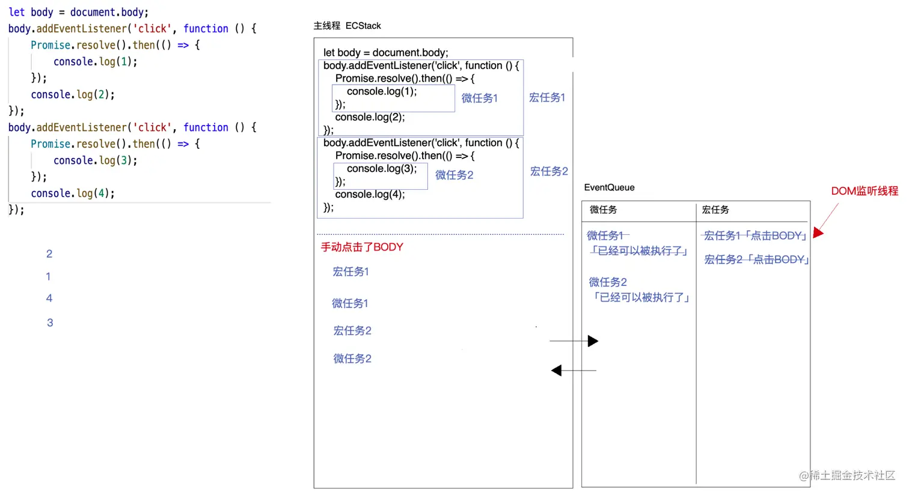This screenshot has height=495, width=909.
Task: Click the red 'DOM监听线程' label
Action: tap(864, 191)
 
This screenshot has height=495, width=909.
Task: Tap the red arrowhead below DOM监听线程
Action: tap(818, 232)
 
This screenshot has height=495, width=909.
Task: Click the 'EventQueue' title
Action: tap(609, 187)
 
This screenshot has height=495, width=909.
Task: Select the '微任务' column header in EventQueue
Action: tap(603, 210)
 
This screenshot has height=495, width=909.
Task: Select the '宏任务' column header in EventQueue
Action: tap(715, 210)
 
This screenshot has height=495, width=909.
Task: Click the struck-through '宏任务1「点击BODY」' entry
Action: tap(754, 235)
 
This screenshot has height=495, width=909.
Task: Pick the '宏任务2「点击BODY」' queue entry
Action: tap(756, 260)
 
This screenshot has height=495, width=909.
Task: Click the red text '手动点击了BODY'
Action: tap(362, 247)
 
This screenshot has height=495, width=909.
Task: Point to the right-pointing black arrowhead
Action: tap(593, 341)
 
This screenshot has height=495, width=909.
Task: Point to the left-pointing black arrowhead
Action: tap(557, 371)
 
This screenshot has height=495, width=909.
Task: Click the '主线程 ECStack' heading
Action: tap(347, 26)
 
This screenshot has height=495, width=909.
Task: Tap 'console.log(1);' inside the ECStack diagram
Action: tap(381, 91)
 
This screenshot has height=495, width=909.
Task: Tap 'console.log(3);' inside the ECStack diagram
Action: tap(381, 169)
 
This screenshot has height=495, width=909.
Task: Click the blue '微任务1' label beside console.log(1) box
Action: tap(479, 98)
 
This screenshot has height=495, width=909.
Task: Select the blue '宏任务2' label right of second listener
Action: tap(549, 171)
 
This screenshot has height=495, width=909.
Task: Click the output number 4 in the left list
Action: tap(49, 298)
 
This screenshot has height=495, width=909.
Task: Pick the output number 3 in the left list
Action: tap(50, 323)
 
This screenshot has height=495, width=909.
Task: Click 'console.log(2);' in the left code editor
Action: tap(73, 94)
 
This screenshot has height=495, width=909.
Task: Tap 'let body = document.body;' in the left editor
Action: tap(78, 12)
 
